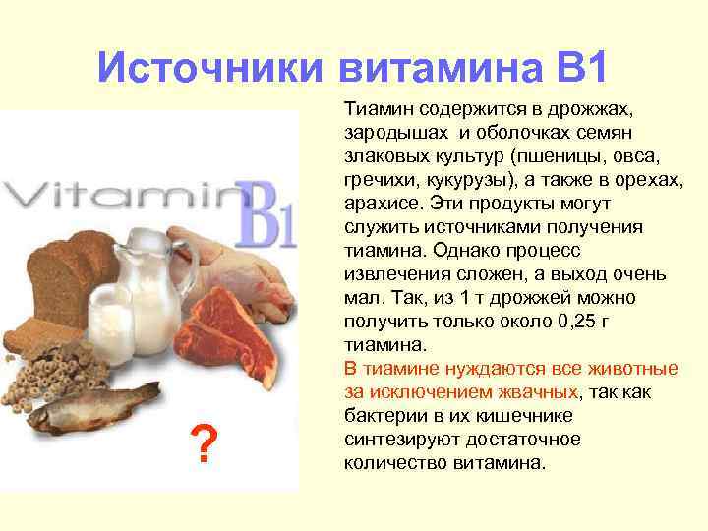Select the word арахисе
(386, 203)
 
